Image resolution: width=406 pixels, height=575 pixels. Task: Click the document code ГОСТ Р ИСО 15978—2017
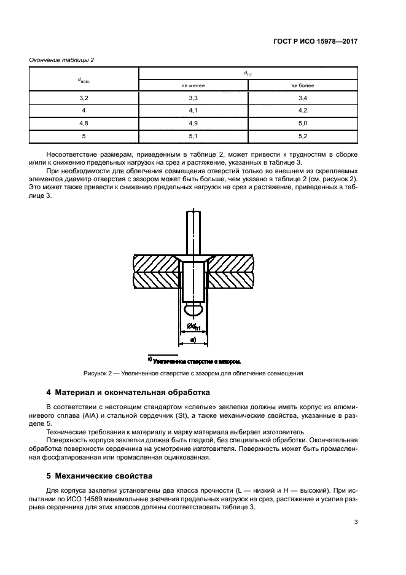coord(315,43)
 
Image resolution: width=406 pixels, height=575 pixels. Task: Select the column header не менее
coord(193,85)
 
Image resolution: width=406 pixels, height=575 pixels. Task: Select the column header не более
coord(302,85)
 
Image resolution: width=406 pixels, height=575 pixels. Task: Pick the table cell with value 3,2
coord(84,98)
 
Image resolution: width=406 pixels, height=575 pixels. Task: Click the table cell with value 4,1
coord(193,111)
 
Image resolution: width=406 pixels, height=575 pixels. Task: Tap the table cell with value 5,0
coord(302,123)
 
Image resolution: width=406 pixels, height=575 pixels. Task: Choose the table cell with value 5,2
coord(302,136)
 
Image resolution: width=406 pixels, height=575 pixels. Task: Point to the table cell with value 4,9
coord(193,123)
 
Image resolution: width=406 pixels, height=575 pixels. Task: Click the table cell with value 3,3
coord(193,98)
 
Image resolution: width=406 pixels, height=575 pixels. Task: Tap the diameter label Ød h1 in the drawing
coord(194,326)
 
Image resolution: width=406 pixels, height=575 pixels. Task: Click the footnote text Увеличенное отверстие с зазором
coord(196,361)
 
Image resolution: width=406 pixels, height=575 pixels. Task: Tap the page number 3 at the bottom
coord(356,523)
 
